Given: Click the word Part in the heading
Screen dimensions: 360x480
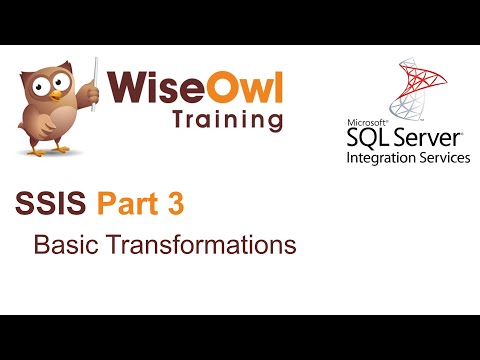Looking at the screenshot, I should [127, 207].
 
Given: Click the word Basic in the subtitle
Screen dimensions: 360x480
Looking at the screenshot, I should [64, 244].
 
